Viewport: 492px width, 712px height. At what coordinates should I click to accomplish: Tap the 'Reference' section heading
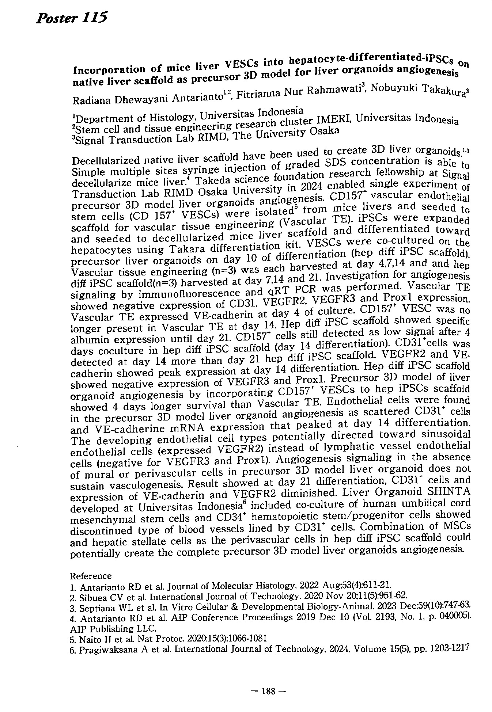pyautogui.click(x=91, y=576)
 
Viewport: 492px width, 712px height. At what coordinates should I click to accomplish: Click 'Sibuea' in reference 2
pyautogui.click(x=91, y=598)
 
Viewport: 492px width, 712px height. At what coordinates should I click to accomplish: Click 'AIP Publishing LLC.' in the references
pyautogui.click(x=113, y=629)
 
